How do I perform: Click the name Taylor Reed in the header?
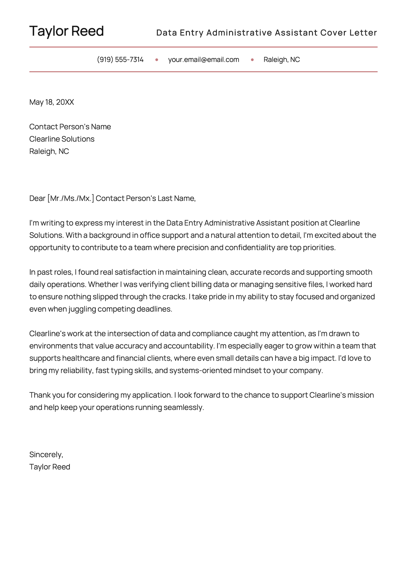(x=67, y=31)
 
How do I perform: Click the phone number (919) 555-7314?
(x=120, y=60)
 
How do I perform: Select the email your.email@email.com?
(x=203, y=60)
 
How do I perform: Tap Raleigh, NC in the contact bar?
(x=281, y=60)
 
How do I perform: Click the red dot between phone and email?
(x=157, y=60)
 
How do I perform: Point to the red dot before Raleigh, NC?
(x=252, y=60)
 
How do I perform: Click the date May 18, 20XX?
(x=52, y=102)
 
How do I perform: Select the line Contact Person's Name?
(x=70, y=127)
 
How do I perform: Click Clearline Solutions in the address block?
(x=62, y=139)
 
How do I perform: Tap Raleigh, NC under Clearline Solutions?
(x=49, y=151)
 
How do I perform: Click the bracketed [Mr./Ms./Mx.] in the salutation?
(x=71, y=198)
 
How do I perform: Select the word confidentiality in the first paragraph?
(x=250, y=248)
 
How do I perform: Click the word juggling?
(x=82, y=309)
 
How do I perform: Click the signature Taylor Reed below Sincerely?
(x=50, y=467)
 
